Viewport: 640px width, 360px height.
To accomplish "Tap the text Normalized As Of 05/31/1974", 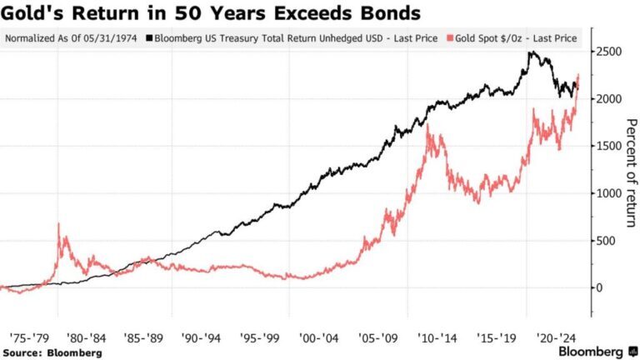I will [x=73, y=38].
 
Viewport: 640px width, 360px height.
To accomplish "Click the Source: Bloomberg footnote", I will [x=52, y=352].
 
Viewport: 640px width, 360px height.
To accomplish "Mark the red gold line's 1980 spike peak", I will [x=58, y=224].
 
